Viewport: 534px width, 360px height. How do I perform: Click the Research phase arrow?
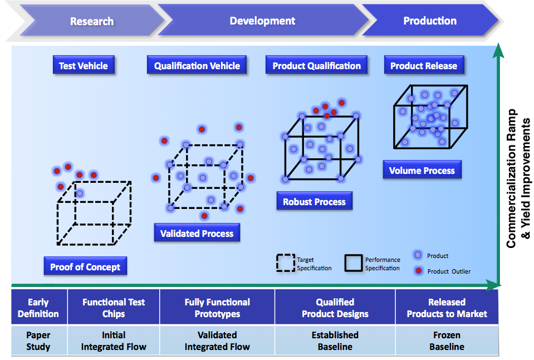[x=92, y=21]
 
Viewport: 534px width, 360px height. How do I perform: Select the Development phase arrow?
[x=262, y=21]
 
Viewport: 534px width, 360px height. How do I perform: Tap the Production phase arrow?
[x=430, y=21]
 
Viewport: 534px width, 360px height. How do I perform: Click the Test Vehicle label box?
[x=84, y=66]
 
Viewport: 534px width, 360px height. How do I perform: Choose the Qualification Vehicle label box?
[x=197, y=66]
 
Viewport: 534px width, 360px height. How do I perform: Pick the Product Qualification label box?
[x=316, y=66]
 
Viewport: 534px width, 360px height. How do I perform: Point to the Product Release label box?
[x=423, y=66]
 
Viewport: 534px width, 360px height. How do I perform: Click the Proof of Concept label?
[x=85, y=267]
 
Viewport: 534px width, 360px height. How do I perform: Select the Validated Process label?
[x=197, y=233]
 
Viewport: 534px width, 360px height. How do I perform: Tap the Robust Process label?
[x=314, y=202]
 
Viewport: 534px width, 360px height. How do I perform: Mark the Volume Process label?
[x=422, y=171]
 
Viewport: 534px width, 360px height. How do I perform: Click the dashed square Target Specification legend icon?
[x=285, y=264]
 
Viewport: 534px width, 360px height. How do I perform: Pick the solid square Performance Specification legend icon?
[x=354, y=264]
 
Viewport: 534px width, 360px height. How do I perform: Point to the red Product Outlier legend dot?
[x=418, y=271]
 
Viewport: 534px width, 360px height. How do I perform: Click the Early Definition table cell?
[x=38, y=308]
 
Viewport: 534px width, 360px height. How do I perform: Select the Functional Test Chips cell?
[x=114, y=308]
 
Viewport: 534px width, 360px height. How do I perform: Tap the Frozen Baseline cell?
[x=447, y=340]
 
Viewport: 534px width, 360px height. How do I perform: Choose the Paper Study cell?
[x=38, y=340]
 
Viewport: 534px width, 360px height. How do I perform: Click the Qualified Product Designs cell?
[x=335, y=308]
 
